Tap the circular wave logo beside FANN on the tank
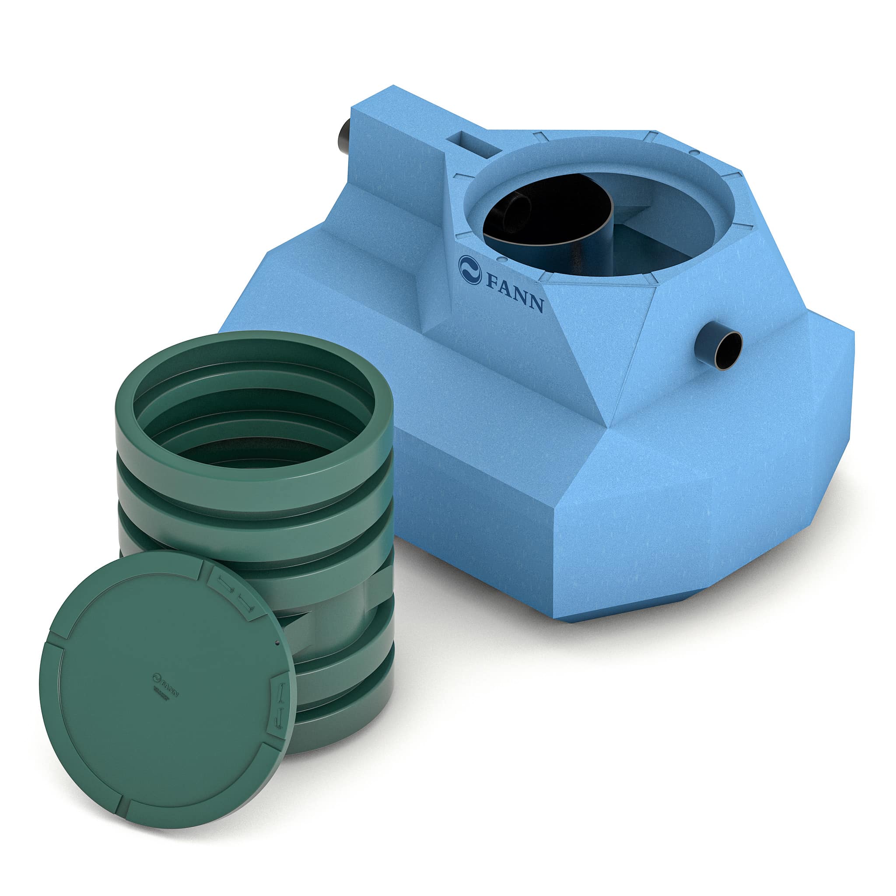pyautogui.click(x=470, y=269)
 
